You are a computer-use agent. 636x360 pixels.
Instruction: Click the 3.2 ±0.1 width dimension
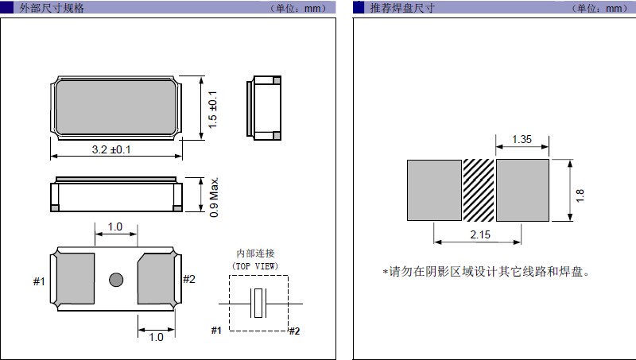point(111,149)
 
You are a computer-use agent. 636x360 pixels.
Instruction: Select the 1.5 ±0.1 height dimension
point(213,110)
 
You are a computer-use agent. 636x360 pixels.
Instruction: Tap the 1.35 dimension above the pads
point(522,139)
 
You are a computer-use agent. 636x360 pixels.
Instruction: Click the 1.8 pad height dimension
point(580,192)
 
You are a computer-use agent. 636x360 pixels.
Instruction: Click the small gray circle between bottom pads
point(116,279)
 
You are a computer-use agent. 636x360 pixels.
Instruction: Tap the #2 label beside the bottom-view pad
point(189,279)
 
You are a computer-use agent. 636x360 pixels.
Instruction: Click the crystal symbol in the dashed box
point(258,303)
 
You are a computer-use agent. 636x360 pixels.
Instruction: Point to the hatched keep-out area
point(479,190)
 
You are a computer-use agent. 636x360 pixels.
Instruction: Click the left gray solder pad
point(434,190)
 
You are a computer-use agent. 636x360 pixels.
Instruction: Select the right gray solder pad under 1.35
point(523,190)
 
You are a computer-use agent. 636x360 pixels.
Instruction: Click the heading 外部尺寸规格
point(51,8)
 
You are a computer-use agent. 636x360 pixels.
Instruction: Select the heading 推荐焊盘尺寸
point(402,8)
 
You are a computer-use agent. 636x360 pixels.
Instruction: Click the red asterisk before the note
point(385,272)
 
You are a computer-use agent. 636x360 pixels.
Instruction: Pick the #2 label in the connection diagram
point(293,331)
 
